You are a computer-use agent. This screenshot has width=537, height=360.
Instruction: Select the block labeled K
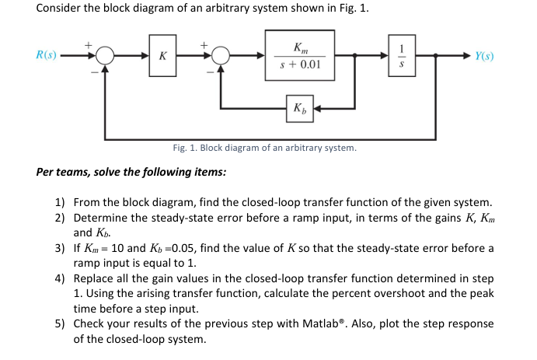pos(162,57)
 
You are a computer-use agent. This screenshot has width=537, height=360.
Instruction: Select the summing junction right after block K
pos(221,56)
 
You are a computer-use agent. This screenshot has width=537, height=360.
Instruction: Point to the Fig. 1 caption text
pos(264,148)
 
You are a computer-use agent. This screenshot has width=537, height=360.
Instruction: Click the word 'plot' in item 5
pos(420,324)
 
